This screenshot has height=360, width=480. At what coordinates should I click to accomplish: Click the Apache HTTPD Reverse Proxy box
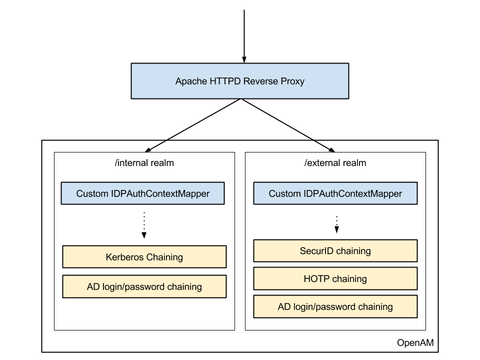click(239, 81)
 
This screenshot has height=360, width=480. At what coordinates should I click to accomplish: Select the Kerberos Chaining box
click(144, 257)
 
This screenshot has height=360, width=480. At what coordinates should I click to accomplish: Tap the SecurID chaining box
click(335, 250)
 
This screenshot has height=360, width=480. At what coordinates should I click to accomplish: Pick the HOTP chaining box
click(335, 278)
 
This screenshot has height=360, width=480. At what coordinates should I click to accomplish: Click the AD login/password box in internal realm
click(144, 286)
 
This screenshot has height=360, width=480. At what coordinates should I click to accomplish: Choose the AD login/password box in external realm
click(335, 306)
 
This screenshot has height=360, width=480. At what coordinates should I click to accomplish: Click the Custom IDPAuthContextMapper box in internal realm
click(142, 193)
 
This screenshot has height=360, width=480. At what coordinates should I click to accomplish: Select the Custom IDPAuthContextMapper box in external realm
click(335, 193)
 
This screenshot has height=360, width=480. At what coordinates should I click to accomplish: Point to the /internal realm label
click(144, 163)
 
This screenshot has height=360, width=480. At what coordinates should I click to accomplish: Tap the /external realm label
click(335, 163)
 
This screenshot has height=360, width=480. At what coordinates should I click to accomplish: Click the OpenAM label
click(415, 342)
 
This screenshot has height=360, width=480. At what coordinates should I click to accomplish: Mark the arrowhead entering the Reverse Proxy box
click(244, 59)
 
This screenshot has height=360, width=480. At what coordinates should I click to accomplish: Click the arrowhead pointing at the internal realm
click(148, 149)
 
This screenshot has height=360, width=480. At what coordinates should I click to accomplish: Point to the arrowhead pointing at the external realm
click(332, 149)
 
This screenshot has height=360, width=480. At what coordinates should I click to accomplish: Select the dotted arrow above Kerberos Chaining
click(144, 225)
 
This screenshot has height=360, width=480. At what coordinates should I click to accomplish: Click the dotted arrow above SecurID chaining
click(336, 224)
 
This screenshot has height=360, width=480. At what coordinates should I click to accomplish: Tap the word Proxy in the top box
click(292, 81)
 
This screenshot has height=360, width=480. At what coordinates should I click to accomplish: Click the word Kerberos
click(124, 257)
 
